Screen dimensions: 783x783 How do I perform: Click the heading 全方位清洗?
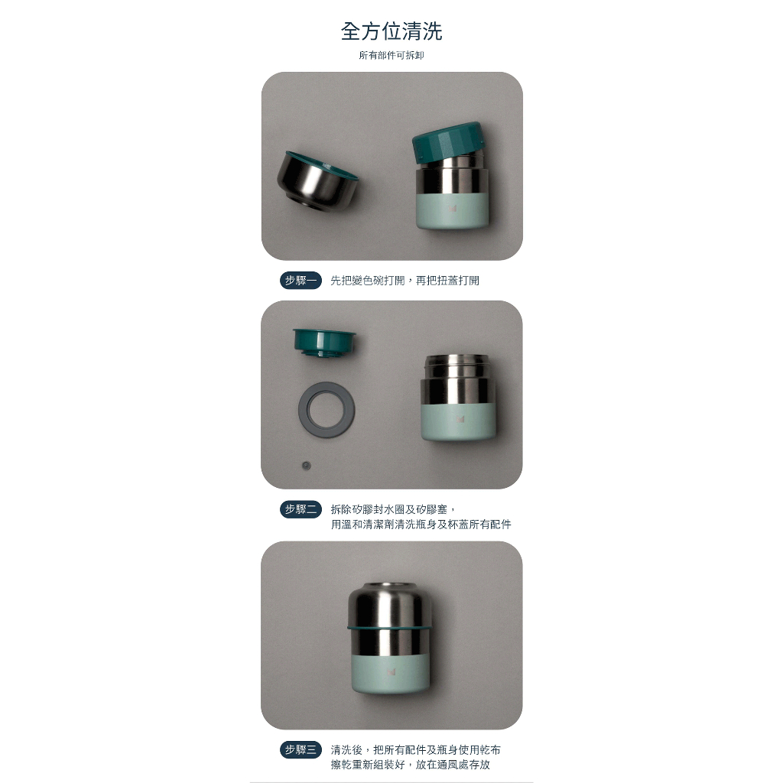click(391, 31)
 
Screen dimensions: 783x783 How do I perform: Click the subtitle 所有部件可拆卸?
click(391, 55)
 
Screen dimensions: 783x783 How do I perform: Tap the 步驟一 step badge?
click(301, 281)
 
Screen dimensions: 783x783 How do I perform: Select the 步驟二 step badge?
click(301, 509)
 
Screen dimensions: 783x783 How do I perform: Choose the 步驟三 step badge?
click(301, 749)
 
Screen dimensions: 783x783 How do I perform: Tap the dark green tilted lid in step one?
click(448, 141)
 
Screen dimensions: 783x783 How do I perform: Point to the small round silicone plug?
click(307, 466)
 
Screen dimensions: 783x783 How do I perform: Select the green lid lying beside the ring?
click(324, 342)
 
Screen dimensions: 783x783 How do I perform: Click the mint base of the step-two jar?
click(458, 422)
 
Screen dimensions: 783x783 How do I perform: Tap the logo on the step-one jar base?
click(453, 209)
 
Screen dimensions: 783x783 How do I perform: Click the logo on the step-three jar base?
click(391, 672)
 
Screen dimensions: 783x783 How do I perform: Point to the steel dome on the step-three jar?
click(388, 604)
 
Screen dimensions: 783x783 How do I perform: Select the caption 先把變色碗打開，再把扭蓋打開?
click(405, 281)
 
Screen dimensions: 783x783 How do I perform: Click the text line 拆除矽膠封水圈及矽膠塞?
click(394, 509)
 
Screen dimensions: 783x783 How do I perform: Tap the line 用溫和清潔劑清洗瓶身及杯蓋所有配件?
click(421, 525)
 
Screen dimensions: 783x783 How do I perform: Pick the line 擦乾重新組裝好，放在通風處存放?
click(411, 765)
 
